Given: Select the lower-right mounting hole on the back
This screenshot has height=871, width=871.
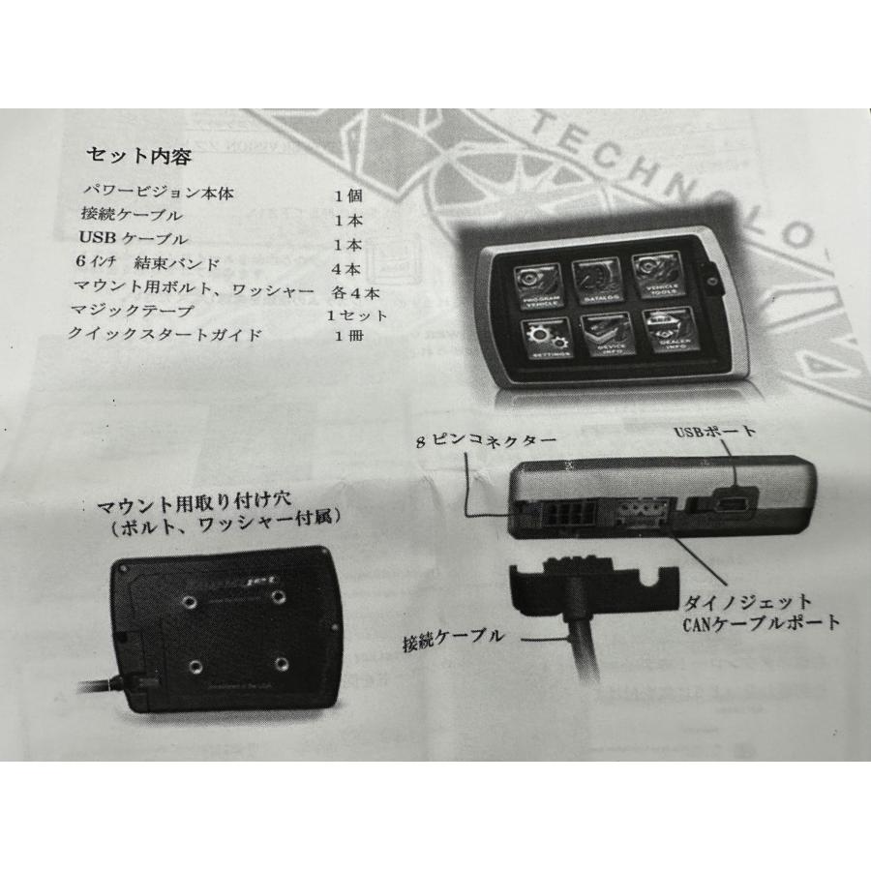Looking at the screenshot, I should click(x=282, y=664).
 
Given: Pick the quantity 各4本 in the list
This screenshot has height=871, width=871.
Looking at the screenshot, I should click(x=352, y=288).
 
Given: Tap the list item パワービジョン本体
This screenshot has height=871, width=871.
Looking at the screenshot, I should click(x=160, y=193).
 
